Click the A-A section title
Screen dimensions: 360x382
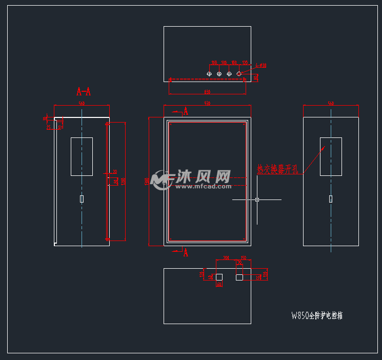tap(84, 92)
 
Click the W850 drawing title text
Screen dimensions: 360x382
tap(316, 316)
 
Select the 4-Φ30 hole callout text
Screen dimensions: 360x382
tap(260, 66)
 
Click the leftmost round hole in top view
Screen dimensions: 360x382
tap(209, 74)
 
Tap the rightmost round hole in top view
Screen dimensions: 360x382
tap(239, 74)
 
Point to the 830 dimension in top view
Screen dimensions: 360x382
tap(207, 92)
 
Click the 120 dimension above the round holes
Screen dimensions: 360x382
tap(245, 63)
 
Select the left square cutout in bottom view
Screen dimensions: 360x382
tap(219, 277)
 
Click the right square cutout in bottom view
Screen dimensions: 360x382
tap(239, 277)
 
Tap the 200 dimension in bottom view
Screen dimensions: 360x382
tap(226, 258)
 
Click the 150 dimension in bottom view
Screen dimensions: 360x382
tap(244, 258)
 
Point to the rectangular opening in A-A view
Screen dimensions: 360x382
tap(82, 156)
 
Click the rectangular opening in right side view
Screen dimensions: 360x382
tap(331, 156)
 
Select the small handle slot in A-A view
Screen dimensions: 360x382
tap(82, 199)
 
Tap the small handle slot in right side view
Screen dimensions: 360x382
tap(331, 198)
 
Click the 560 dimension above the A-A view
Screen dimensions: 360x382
tap(82, 104)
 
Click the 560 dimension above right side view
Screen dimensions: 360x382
tap(331, 104)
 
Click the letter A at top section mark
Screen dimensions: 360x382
tap(186, 111)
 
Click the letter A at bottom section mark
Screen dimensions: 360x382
tap(186, 252)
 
